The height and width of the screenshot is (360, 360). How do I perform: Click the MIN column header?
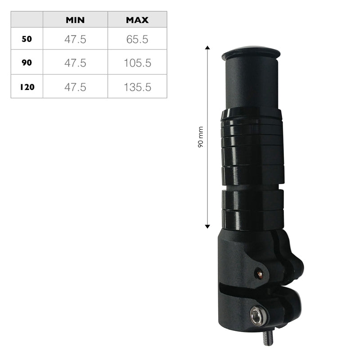75,20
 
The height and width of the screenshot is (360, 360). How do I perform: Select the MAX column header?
137,20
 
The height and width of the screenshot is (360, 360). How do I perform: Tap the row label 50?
27,39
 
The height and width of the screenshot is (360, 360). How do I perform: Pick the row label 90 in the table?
27,63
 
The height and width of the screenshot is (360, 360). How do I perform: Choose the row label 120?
27,87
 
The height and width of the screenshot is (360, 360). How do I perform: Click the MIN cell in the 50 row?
75,39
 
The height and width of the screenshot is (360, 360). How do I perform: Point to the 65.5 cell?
137,39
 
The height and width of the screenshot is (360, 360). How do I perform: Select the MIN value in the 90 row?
75,63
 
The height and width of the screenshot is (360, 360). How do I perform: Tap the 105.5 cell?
137,63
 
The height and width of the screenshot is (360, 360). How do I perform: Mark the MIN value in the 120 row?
75,87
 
